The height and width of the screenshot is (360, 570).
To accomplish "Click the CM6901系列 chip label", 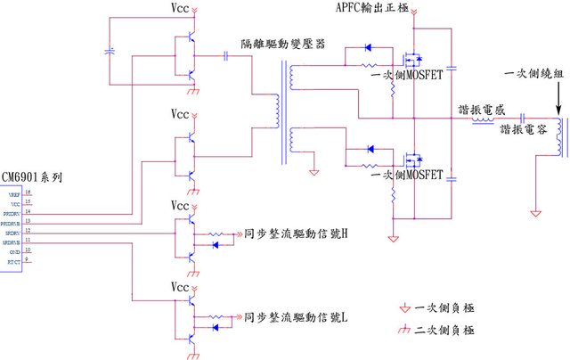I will pyautogui.click(x=32, y=178).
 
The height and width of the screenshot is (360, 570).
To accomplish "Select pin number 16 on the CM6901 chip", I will pyautogui.click(x=28, y=192).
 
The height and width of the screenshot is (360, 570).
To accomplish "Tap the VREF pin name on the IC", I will pyautogui.click(x=14, y=192).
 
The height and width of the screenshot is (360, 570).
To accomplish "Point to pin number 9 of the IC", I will pyautogui.click(x=28, y=261).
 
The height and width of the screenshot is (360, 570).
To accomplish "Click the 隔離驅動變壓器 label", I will pyautogui.click(x=283, y=44).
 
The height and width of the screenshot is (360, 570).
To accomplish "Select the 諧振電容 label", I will pyautogui.click(x=523, y=130).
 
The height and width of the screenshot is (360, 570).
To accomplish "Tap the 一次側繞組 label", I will pyautogui.click(x=533, y=74).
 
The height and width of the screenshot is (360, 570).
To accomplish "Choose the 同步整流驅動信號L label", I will pyautogui.click(x=295, y=316).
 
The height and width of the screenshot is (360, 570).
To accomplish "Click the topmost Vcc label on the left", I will pyautogui.click(x=181, y=8).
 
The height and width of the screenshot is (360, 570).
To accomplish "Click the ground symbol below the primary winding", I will pyautogui.click(x=535, y=212).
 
